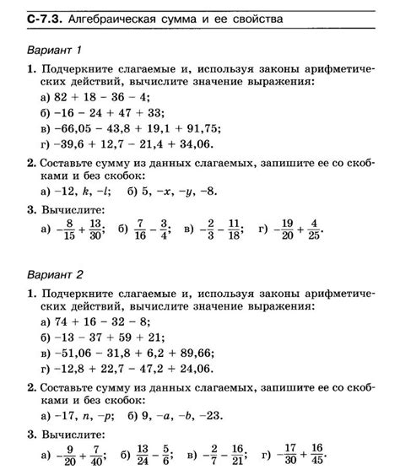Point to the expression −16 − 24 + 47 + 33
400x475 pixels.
101,113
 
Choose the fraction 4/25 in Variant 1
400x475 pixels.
313,229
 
